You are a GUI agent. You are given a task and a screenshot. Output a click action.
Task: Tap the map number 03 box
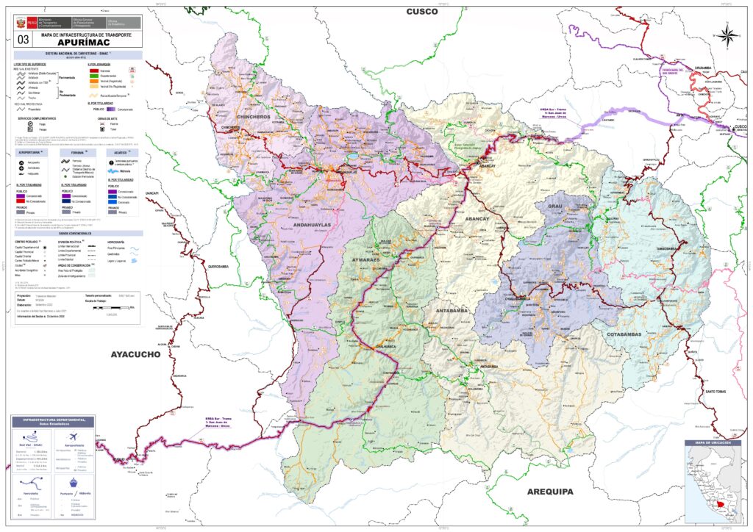tap(24, 39)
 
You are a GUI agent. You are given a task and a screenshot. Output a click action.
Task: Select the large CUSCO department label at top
tap(422, 11)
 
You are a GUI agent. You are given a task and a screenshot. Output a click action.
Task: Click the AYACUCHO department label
tap(135, 355)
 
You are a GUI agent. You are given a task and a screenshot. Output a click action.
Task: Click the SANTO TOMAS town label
tap(716, 392)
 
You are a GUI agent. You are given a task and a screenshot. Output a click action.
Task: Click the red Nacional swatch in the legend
tap(93, 69)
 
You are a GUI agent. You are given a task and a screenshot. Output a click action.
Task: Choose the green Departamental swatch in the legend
tap(93, 75)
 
